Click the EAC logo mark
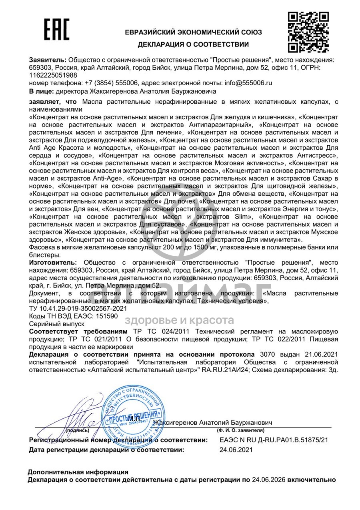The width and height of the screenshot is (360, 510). tap(56, 30)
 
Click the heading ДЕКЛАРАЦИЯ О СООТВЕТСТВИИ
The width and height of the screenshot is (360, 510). tap(193, 44)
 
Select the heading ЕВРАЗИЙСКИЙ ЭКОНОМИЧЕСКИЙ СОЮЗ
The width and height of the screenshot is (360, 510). tap(193, 32)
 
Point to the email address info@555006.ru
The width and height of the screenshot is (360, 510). tap(248, 83)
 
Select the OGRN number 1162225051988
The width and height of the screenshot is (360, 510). tap(53, 75)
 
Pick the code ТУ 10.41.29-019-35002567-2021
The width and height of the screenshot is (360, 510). tap(78, 308)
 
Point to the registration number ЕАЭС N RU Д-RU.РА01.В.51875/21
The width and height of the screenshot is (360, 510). tap(274, 440)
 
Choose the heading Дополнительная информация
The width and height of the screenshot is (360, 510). tap(78, 472)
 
